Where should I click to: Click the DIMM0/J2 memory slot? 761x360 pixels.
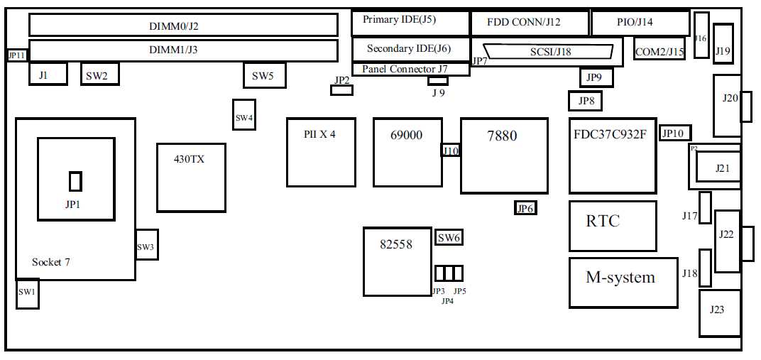[183, 25]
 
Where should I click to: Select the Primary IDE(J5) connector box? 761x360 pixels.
[410, 23]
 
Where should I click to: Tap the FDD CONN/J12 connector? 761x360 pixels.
[529, 23]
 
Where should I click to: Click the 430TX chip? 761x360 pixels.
[190, 177]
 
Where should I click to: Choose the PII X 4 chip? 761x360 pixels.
[321, 152]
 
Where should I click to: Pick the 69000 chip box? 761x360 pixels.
[407, 152]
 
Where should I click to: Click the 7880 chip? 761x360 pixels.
[504, 156]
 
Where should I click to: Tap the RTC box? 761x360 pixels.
[613, 226]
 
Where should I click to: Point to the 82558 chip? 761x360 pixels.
[397, 261]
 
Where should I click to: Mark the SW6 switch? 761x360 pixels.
[449, 238]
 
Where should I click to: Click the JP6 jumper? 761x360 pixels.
[525, 208]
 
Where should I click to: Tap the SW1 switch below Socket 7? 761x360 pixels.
[27, 293]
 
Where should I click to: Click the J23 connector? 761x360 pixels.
[717, 312]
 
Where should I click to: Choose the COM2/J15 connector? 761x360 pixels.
[659, 50]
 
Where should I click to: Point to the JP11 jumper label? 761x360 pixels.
[16, 55]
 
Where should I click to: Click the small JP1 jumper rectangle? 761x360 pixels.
[75, 181]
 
